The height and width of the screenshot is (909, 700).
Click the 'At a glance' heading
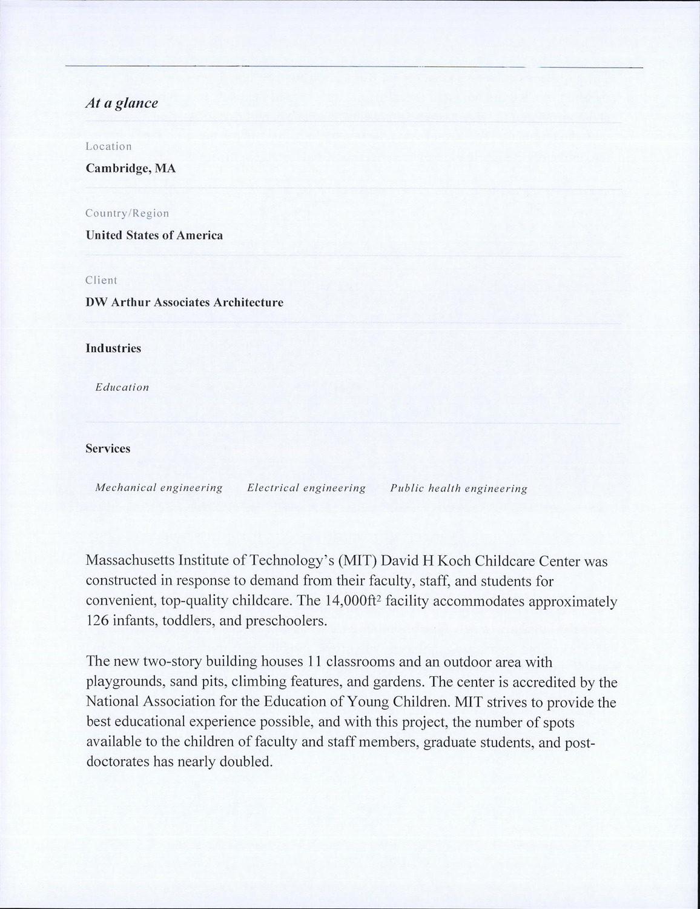(x=122, y=103)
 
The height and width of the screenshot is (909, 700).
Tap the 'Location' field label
(x=108, y=147)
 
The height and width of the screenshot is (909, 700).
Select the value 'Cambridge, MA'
(x=131, y=168)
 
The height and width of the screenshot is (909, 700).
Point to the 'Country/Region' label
(x=127, y=213)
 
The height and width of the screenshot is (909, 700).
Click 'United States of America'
(x=154, y=235)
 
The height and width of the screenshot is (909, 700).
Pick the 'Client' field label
(x=101, y=280)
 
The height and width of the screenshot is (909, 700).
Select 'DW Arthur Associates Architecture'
(x=185, y=302)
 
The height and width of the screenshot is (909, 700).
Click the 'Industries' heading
(x=113, y=348)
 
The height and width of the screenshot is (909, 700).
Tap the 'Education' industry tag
(x=122, y=387)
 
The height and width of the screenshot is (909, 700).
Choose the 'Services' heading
(x=108, y=448)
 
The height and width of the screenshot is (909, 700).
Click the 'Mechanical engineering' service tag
(x=159, y=488)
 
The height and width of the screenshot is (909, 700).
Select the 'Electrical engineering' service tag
(x=306, y=488)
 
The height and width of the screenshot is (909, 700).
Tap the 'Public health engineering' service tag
(x=459, y=488)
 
